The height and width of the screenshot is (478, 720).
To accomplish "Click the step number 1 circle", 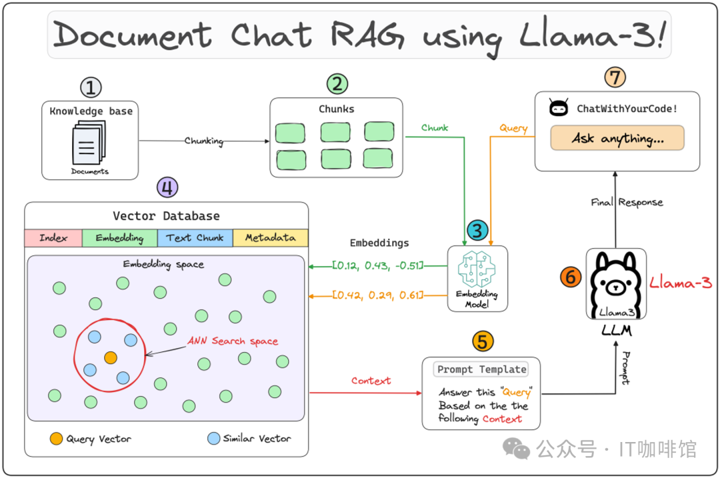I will (91, 88).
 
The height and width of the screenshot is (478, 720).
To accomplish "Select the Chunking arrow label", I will (203, 141).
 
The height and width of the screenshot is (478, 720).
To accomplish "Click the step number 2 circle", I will (337, 84).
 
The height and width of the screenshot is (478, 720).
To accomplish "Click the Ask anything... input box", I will (617, 138).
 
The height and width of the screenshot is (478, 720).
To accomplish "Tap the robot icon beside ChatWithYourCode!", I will (558, 108).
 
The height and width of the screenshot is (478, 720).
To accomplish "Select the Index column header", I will (53, 238).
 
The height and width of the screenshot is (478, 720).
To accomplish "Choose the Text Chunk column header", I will (195, 238).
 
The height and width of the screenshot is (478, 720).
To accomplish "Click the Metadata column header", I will (270, 238).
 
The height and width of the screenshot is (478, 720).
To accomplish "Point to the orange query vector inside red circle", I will (111, 357).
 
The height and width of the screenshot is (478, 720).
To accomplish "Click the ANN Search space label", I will (232, 341).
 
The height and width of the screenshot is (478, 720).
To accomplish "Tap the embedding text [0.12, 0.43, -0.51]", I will (377, 266).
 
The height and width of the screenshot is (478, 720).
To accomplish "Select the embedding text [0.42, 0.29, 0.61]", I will (377, 295).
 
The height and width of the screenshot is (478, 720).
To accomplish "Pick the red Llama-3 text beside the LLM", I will (681, 283).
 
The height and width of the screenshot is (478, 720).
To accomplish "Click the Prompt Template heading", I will (481, 369).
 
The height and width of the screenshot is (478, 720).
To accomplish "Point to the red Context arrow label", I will (371, 381).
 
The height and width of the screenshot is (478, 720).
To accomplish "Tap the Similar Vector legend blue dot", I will (213, 439).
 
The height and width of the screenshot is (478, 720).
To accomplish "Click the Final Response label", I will (627, 202).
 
